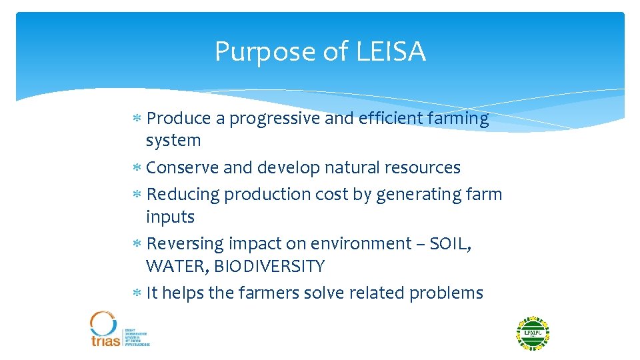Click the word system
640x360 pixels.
(173, 141)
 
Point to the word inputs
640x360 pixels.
(170, 217)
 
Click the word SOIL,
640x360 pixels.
(451, 243)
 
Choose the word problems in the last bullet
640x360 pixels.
(446, 293)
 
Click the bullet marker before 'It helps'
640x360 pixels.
(136, 293)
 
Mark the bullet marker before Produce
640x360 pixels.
(136, 119)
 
